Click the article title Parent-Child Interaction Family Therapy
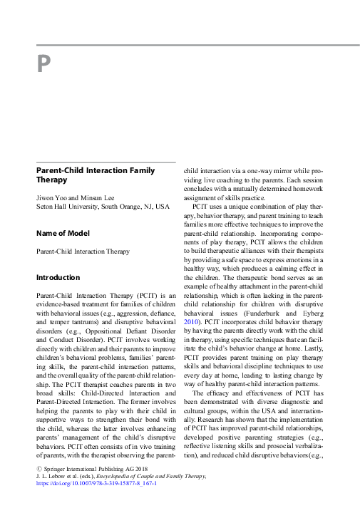coord(96,175)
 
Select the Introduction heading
coord(58,276)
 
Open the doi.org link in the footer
coord(96,502)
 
